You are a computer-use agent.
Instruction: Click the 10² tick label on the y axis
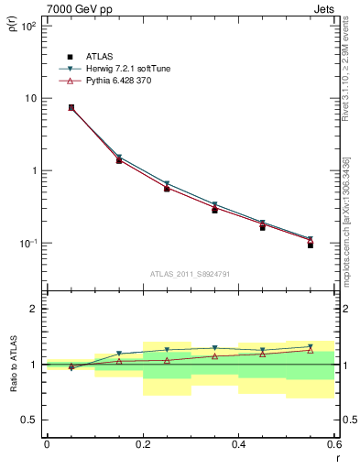[27, 26]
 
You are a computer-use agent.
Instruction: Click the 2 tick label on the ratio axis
[34, 309]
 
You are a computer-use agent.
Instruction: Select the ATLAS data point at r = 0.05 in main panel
[71, 107]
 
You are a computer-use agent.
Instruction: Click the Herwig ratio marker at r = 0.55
[311, 347]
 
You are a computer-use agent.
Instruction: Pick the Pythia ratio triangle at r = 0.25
[167, 360]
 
